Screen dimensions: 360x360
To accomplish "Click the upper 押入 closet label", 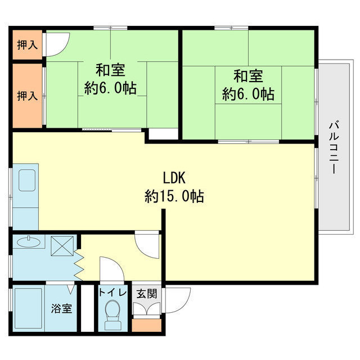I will tap(27, 45).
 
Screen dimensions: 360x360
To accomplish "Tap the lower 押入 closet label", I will tap(27, 96).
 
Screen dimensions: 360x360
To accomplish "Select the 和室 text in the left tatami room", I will tap(110, 71).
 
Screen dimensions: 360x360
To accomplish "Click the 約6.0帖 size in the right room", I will tap(248, 94).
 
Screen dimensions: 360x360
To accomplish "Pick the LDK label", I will tap(174, 178).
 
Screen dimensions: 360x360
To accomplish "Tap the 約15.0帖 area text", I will tap(174, 196).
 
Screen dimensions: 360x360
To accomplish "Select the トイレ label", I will tap(112, 293).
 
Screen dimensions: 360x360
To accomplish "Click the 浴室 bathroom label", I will tap(62, 309).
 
